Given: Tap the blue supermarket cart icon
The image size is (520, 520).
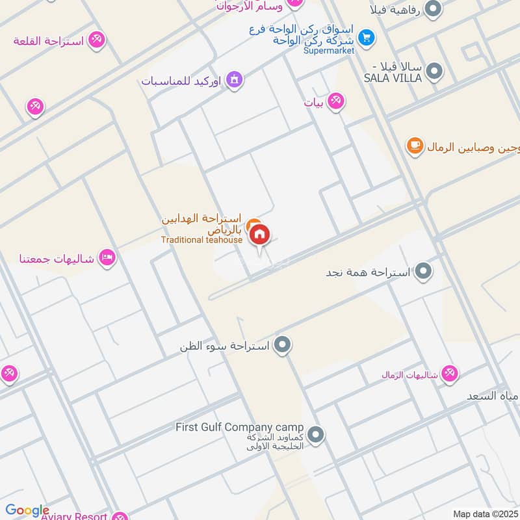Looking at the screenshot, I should tap(367, 38).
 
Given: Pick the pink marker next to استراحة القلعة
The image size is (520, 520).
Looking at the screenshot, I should tap(96, 40).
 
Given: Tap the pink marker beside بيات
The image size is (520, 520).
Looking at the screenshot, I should tap(335, 101).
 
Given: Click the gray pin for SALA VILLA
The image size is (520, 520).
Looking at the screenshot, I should tap(434, 70).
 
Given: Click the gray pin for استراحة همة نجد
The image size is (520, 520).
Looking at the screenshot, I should tap(424, 271).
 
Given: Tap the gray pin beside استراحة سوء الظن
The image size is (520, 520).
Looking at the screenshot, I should tap(282, 345).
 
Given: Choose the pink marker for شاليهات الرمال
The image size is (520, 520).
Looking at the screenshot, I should tap(448, 374).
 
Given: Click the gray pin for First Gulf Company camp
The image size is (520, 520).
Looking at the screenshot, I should tap(316, 434).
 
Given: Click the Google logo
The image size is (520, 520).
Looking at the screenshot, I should tap(27, 510).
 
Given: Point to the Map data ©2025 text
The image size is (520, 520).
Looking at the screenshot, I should tap(484, 513).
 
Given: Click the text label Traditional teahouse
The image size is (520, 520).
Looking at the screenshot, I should tap(201, 240).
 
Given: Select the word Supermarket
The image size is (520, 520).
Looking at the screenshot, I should tap(329, 51).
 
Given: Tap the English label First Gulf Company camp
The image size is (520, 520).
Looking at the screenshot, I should tap(239, 427).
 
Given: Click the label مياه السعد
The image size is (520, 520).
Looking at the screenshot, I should tap(493, 396).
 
